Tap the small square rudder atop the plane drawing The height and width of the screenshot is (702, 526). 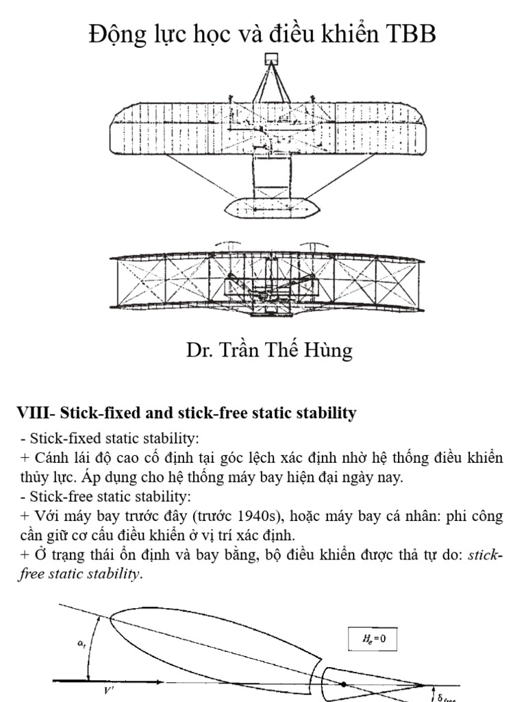click(271, 59)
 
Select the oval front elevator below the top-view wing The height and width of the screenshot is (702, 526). click(269, 206)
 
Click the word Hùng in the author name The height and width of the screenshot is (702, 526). click(329, 351)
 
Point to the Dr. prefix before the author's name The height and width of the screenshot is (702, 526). click(200, 351)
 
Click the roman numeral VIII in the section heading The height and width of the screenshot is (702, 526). click(33, 413)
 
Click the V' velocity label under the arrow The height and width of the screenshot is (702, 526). click(108, 691)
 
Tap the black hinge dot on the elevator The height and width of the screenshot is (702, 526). click(342, 683)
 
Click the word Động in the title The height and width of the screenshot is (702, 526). click(116, 34)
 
